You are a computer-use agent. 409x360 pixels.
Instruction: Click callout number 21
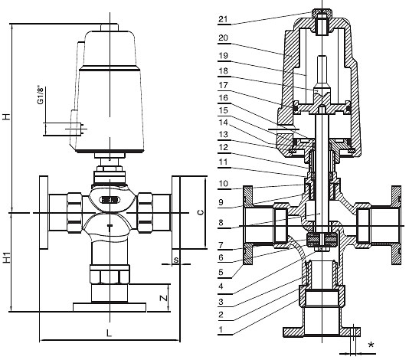pyautogui.click(x=223, y=19)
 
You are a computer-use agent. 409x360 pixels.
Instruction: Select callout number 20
pyautogui.click(x=224, y=38)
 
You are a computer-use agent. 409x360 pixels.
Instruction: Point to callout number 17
pyautogui.click(x=224, y=85)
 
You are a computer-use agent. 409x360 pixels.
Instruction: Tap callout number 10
pyautogui.click(x=224, y=183)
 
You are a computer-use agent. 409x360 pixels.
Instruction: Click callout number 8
pyautogui.click(x=221, y=223)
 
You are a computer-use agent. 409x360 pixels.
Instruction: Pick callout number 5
pyautogui.click(x=221, y=272)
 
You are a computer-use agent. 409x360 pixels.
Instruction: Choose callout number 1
pyautogui.click(x=221, y=329)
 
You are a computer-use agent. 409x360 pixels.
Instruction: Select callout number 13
pyautogui.click(x=224, y=134)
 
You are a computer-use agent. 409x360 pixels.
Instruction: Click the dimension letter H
pyautogui.click(x=6, y=116)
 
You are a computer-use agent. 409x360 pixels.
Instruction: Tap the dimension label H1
pyautogui.click(x=6, y=257)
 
